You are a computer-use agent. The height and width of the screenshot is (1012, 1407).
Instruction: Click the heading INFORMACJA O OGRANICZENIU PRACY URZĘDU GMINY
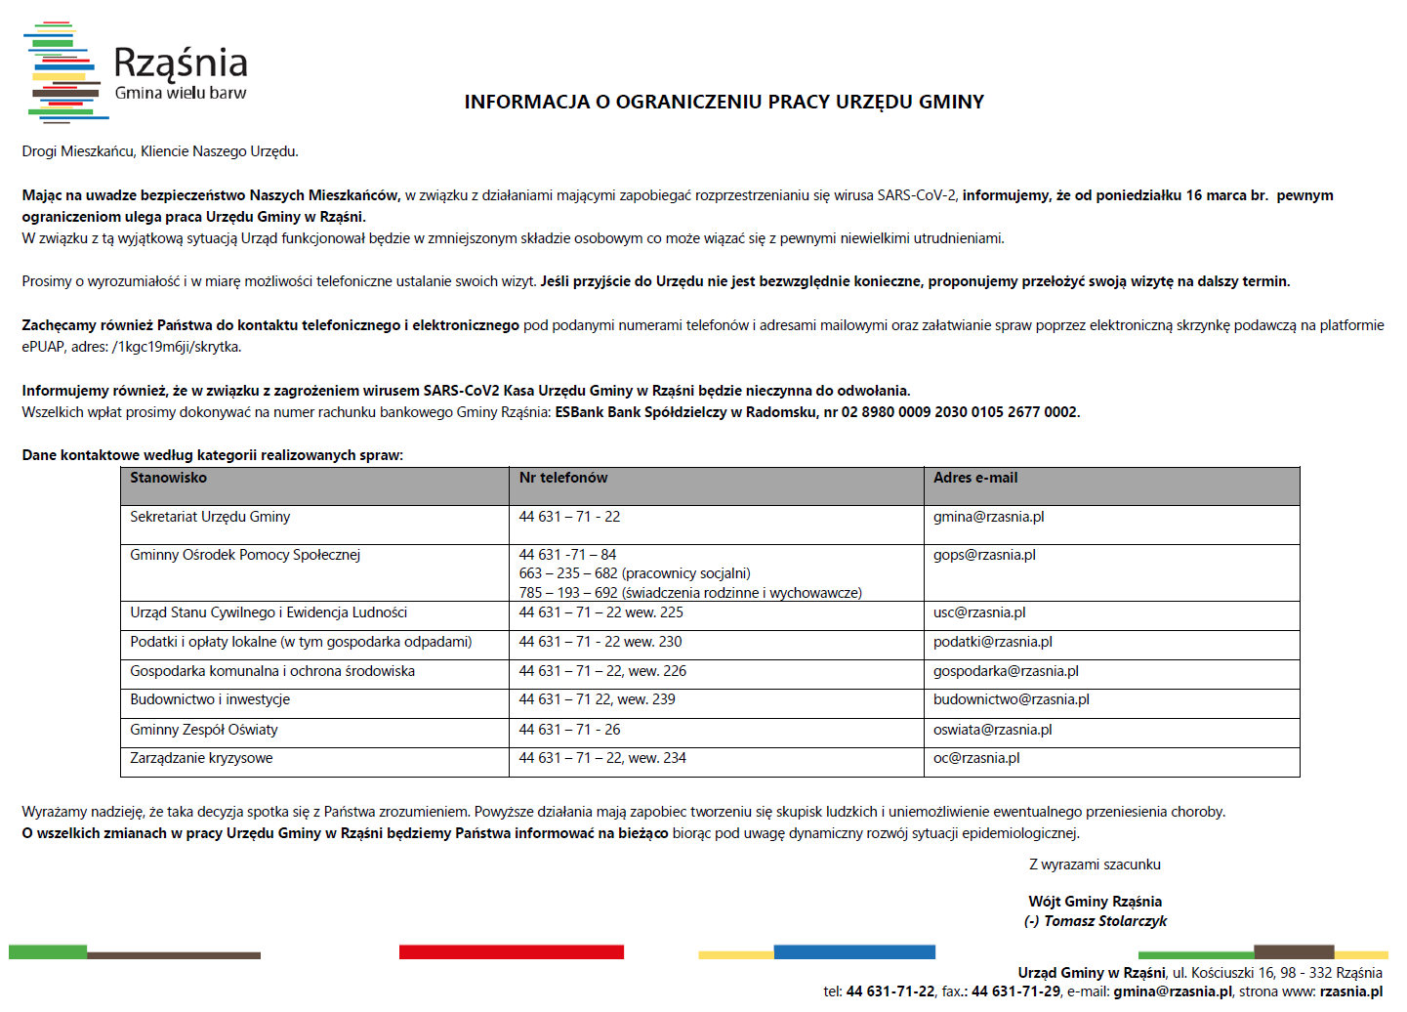coord(724,102)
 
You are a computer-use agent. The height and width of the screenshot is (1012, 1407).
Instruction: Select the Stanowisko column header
coord(168,478)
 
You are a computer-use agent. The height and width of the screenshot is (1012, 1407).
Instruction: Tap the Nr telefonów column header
coord(563,478)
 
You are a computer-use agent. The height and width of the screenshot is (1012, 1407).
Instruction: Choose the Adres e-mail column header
coord(974,478)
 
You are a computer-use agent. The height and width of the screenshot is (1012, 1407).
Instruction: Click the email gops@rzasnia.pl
coord(984,555)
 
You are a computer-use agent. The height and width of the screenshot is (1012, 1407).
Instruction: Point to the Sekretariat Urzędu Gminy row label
coord(210,517)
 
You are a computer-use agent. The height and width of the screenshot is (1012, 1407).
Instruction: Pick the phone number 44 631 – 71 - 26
coord(569,730)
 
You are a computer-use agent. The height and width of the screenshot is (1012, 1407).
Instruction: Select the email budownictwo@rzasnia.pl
coord(1011,699)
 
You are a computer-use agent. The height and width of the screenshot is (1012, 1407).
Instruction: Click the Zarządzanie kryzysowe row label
coord(201,758)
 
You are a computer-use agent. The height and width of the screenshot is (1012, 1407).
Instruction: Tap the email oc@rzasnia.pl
coord(975,758)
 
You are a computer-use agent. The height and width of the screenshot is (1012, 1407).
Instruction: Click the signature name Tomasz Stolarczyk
coord(1104,921)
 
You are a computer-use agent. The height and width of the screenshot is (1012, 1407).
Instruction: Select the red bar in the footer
coord(511,951)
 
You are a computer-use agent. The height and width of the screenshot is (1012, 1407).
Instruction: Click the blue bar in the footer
coord(853,951)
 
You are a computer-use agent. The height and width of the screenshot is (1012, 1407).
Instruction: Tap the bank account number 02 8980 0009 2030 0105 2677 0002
coord(960,412)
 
